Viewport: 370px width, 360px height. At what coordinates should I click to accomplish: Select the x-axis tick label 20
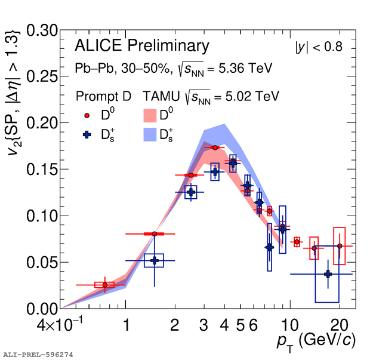click(x=340, y=326)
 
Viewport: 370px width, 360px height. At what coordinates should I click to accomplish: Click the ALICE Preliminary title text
click(x=142, y=46)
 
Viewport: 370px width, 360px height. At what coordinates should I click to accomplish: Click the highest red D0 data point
click(x=214, y=147)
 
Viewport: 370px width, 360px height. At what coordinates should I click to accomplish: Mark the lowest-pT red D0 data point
click(x=105, y=285)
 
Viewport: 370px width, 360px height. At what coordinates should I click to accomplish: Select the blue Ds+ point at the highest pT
click(x=328, y=274)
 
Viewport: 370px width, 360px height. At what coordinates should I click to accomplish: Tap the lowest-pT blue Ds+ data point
click(x=155, y=260)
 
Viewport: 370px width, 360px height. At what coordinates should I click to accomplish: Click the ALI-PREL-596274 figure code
click(x=38, y=355)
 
